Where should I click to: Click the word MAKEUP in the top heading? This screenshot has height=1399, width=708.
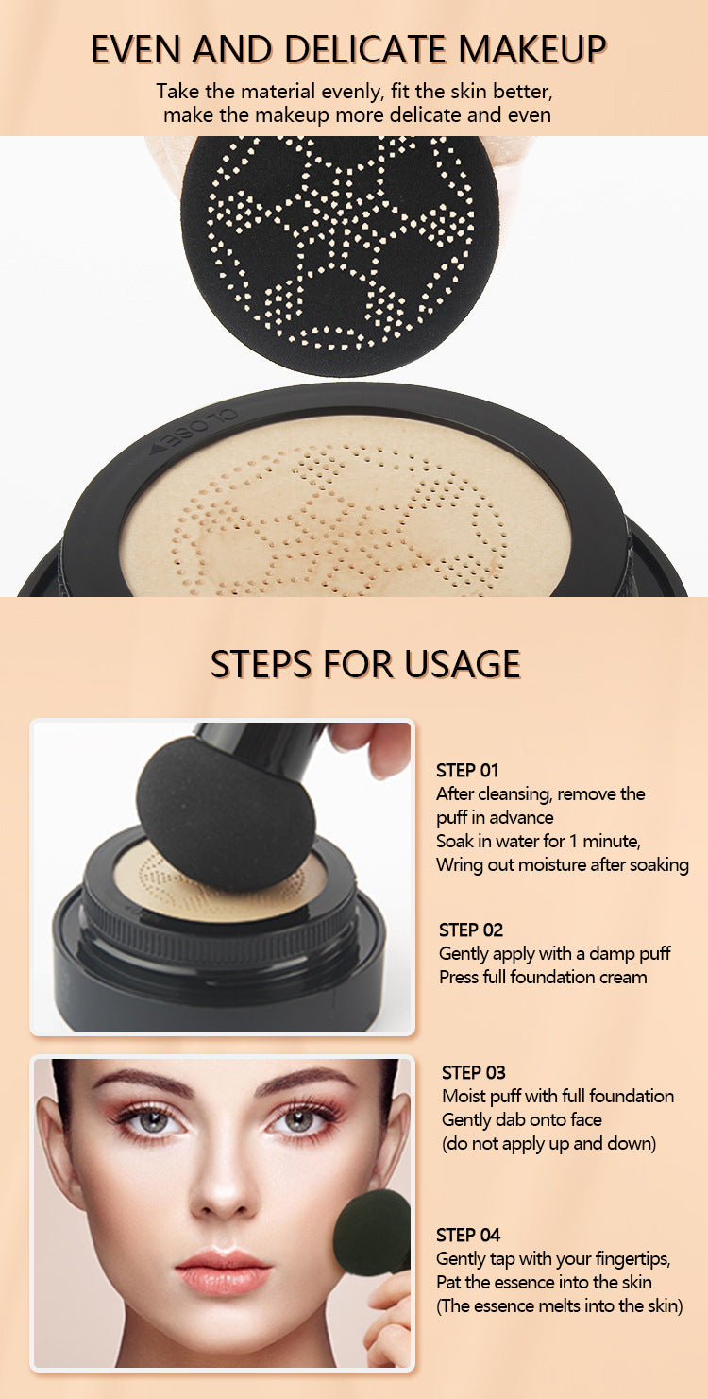(532, 49)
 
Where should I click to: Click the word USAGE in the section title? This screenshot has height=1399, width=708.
(462, 664)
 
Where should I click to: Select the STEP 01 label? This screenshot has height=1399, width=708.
(467, 770)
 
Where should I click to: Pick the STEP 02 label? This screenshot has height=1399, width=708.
(471, 930)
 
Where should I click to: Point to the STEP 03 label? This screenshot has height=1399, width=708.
(473, 1072)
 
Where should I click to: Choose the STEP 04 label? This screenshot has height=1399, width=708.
(468, 1235)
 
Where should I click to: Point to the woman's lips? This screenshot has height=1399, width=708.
(223, 1269)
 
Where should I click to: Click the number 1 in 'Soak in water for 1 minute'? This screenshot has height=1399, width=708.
(571, 842)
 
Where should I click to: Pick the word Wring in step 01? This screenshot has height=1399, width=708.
(455, 865)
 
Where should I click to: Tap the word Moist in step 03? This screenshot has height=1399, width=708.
(463, 1096)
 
